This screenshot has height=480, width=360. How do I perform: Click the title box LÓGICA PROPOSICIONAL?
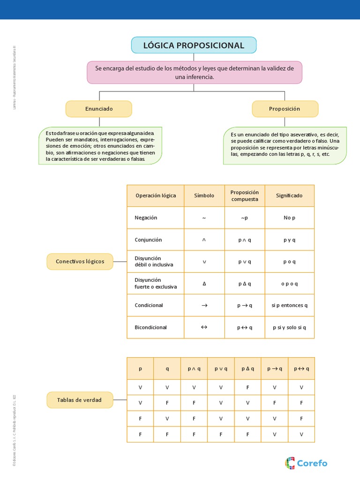[194, 45]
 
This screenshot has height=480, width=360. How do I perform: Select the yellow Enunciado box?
[99, 109]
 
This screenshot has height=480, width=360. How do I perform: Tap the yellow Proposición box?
[285, 109]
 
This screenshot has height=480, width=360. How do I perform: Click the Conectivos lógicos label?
[80, 262]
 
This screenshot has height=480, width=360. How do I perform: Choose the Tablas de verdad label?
[79, 400]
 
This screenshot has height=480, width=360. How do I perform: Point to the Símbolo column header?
[204, 195]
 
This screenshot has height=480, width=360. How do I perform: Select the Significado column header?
[289, 195]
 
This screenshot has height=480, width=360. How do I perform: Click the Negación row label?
[146, 217]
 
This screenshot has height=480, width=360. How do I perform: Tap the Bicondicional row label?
[150, 327]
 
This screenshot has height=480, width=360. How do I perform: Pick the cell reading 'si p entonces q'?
[289, 305]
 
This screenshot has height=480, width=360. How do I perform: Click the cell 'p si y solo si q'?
[289, 327]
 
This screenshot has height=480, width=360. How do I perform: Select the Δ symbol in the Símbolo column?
[204, 284]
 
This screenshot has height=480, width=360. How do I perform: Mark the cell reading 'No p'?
[289, 217]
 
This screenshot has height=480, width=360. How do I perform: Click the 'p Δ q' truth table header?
[247, 368]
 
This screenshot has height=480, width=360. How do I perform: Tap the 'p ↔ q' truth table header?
[301, 368]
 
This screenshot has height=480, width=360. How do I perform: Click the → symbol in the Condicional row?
[204, 305]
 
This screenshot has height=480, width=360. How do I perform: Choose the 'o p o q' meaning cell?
[289, 284]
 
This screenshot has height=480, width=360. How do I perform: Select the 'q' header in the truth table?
[167, 368]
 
